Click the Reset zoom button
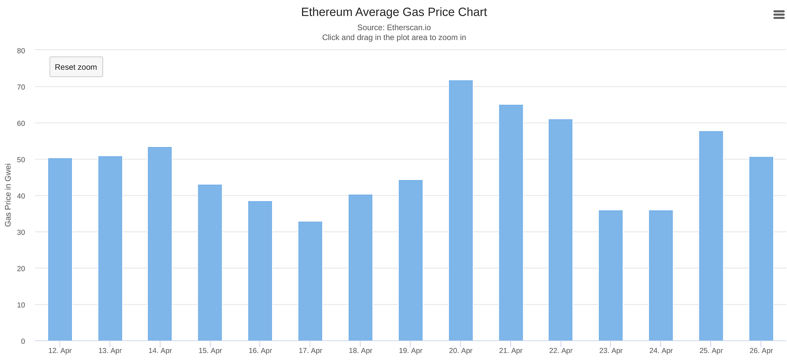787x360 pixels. coord(76,67)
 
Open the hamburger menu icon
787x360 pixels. coord(779,15)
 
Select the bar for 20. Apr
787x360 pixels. coord(461,211)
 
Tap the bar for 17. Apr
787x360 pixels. coord(310,281)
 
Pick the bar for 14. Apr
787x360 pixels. coord(159,244)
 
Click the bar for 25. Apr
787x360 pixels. coord(711,236)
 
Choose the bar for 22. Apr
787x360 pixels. coord(561,230)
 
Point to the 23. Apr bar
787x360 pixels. coord(611,276)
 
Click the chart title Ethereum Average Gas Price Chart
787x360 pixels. coord(393,12)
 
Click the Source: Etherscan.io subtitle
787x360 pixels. coord(393,27)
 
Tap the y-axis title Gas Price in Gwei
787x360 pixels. coord(8,195)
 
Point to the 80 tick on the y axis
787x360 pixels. coord(21,51)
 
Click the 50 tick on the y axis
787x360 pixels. coord(21,159)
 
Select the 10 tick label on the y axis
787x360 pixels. coord(21,305)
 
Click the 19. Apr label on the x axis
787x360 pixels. coord(410,351)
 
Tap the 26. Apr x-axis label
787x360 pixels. coord(761,351)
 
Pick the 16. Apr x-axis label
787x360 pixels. coord(260,351)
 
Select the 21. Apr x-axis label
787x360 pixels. coord(511,351)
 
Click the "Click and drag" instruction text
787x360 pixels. coord(393,37)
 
